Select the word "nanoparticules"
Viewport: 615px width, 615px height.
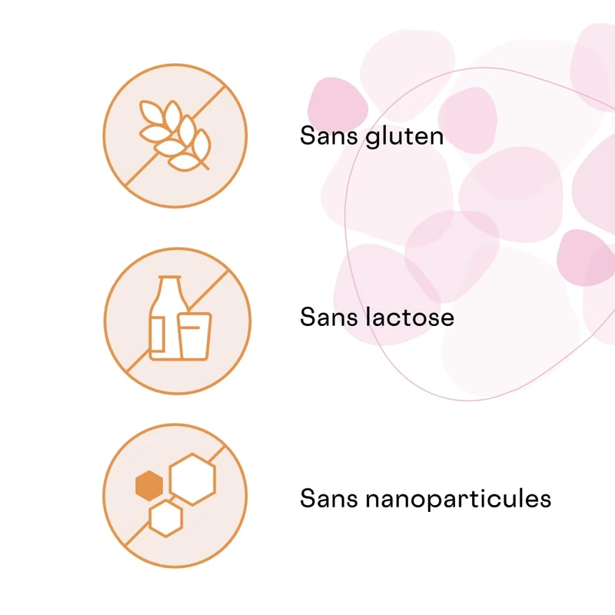458,499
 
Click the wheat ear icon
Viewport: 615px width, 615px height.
175,135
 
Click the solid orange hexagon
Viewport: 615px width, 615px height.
149,486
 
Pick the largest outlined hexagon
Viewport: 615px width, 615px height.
192,479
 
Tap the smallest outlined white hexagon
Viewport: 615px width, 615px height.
165,517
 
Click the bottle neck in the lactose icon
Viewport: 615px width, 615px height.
169,286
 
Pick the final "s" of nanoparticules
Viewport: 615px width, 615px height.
546,500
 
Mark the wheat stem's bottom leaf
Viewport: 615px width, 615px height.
183,162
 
